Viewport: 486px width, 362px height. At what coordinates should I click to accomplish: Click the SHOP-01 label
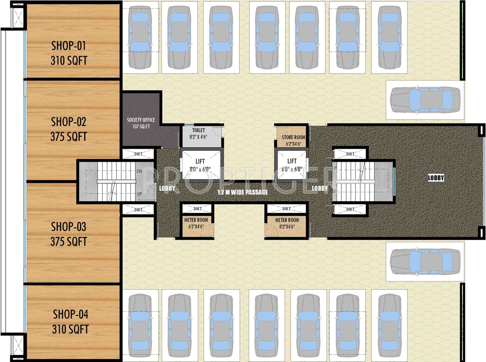point(69,46)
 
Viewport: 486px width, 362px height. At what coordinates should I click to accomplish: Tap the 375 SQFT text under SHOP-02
point(69,137)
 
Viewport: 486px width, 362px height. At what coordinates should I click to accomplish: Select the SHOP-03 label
point(69,226)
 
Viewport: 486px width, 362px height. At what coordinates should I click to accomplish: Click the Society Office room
point(141,120)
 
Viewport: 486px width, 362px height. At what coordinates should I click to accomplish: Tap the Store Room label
point(293,137)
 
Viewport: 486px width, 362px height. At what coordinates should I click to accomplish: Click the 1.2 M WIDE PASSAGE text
point(243,192)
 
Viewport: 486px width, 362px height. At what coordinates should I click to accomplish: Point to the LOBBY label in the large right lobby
point(436,178)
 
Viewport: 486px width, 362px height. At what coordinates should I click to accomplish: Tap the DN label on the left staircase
point(138,172)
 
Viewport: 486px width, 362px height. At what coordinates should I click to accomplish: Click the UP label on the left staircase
point(138,193)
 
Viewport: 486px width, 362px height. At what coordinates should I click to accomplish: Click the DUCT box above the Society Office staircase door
point(138,154)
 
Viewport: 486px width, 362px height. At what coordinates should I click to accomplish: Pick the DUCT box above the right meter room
point(287,208)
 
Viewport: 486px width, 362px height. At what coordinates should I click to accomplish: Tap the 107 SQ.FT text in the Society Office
point(141,126)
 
